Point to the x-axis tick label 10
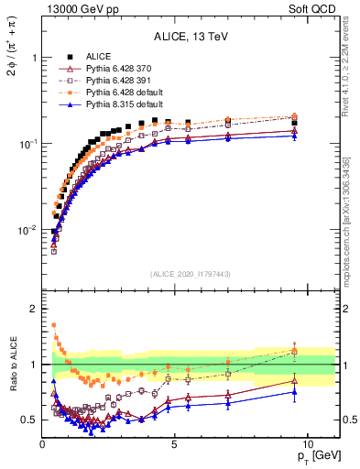[307, 444]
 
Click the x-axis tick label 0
[43, 444]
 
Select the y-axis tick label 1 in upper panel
[33, 57]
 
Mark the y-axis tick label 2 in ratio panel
[33, 309]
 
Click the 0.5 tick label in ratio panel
[29, 420]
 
